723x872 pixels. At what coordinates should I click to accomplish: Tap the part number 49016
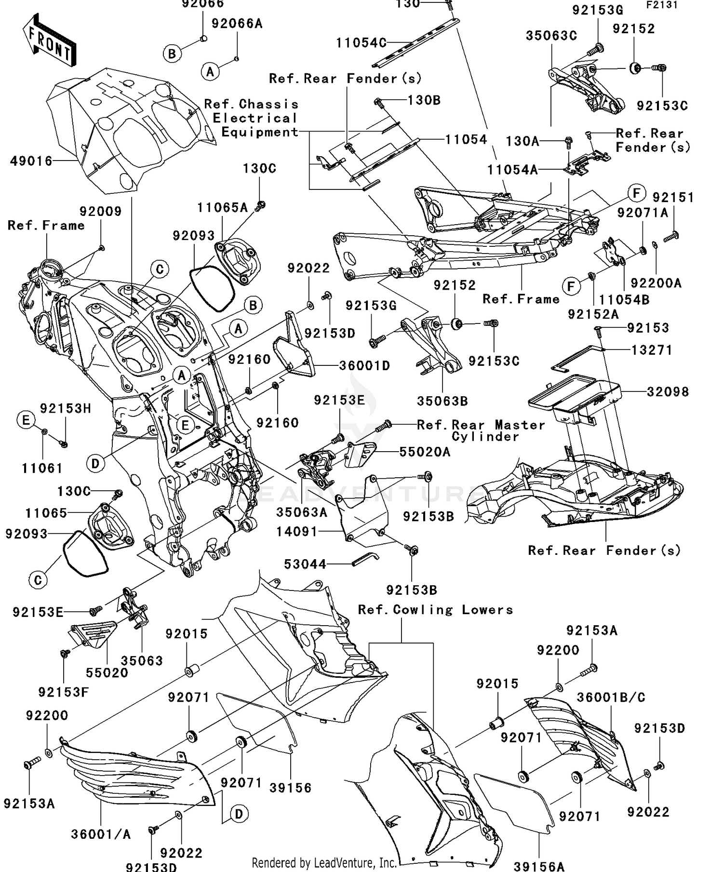coord(31,161)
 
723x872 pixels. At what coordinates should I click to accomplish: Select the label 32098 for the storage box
coord(668,391)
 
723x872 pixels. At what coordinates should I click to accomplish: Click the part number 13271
coord(652,350)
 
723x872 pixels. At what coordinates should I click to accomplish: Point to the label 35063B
coord(442,401)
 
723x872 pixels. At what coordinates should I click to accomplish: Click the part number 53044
coord(305,564)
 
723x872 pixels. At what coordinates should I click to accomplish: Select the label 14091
coord(297,532)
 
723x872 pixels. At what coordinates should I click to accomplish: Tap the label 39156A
coord(539,867)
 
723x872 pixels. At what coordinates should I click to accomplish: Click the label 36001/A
coord(101,834)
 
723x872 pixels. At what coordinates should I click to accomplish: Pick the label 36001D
coord(364,365)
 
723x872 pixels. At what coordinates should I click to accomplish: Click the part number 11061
coord(42,468)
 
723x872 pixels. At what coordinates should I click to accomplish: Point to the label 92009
coord(100,211)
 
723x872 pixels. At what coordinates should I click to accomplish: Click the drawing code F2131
coord(662,5)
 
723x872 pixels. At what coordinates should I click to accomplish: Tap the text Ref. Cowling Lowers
coord(435,610)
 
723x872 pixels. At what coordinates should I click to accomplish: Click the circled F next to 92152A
coord(571,287)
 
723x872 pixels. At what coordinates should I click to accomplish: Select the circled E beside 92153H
coord(26,420)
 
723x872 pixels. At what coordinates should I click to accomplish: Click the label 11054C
coord(361,42)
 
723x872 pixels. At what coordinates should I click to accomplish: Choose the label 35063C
coord(551,36)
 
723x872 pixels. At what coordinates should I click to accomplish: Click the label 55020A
coord(425,452)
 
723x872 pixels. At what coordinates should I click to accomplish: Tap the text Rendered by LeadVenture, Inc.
coord(324,863)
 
